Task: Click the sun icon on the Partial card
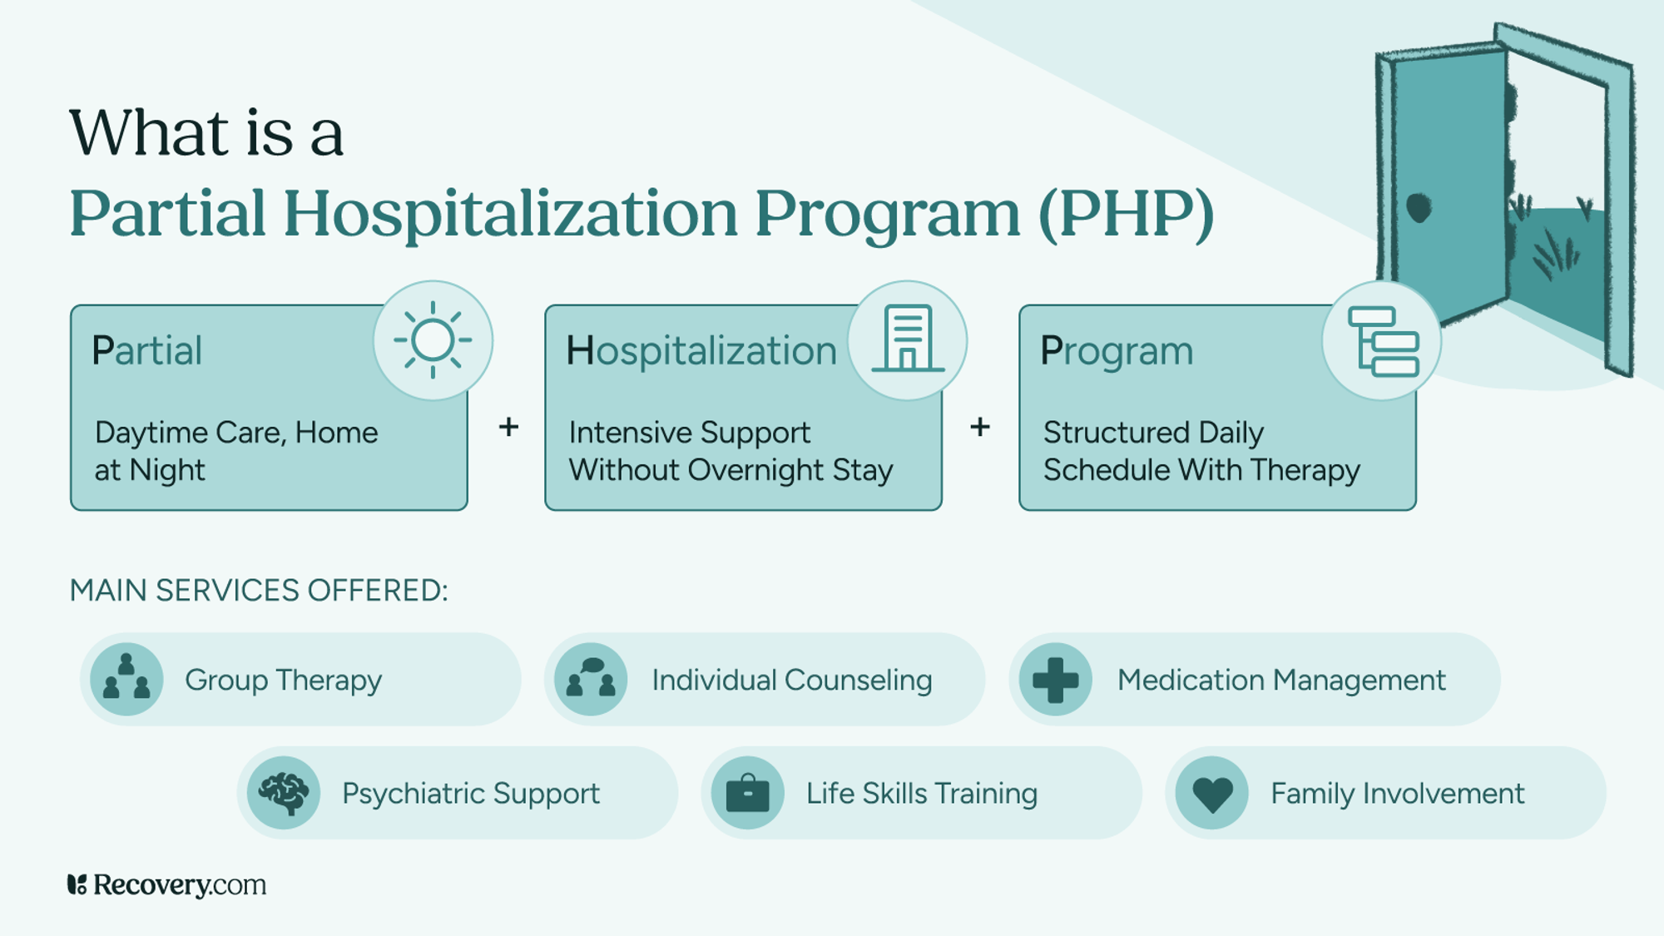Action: pyautogui.click(x=433, y=340)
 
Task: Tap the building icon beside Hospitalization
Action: pyautogui.click(x=908, y=339)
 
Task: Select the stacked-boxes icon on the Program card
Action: pyautogui.click(x=1383, y=341)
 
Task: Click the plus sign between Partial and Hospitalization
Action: pyautogui.click(x=508, y=427)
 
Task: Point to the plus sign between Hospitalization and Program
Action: pyautogui.click(x=980, y=427)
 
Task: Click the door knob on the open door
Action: pyautogui.click(x=1419, y=207)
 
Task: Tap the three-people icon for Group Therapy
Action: pyautogui.click(x=126, y=679)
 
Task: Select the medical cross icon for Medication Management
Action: pyautogui.click(x=1055, y=679)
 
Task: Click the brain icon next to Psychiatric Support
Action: pyautogui.click(x=284, y=792)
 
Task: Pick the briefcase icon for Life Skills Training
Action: pyautogui.click(x=747, y=793)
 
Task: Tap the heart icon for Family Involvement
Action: pyautogui.click(x=1212, y=793)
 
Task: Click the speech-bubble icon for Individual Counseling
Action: pyautogui.click(x=591, y=679)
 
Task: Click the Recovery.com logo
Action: pyautogui.click(x=166, y=884)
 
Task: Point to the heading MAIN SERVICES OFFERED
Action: pyautogui.click(x=259, y=590)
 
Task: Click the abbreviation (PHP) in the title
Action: pyautogui.click(x=1127, y=214)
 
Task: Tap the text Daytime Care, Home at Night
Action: pyautogui.click(x=236, y=451)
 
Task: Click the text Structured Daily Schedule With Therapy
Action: pyautogui.click(x=1201, y=451)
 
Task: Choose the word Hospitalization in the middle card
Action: pyautogui.click(x=701, y=350)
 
